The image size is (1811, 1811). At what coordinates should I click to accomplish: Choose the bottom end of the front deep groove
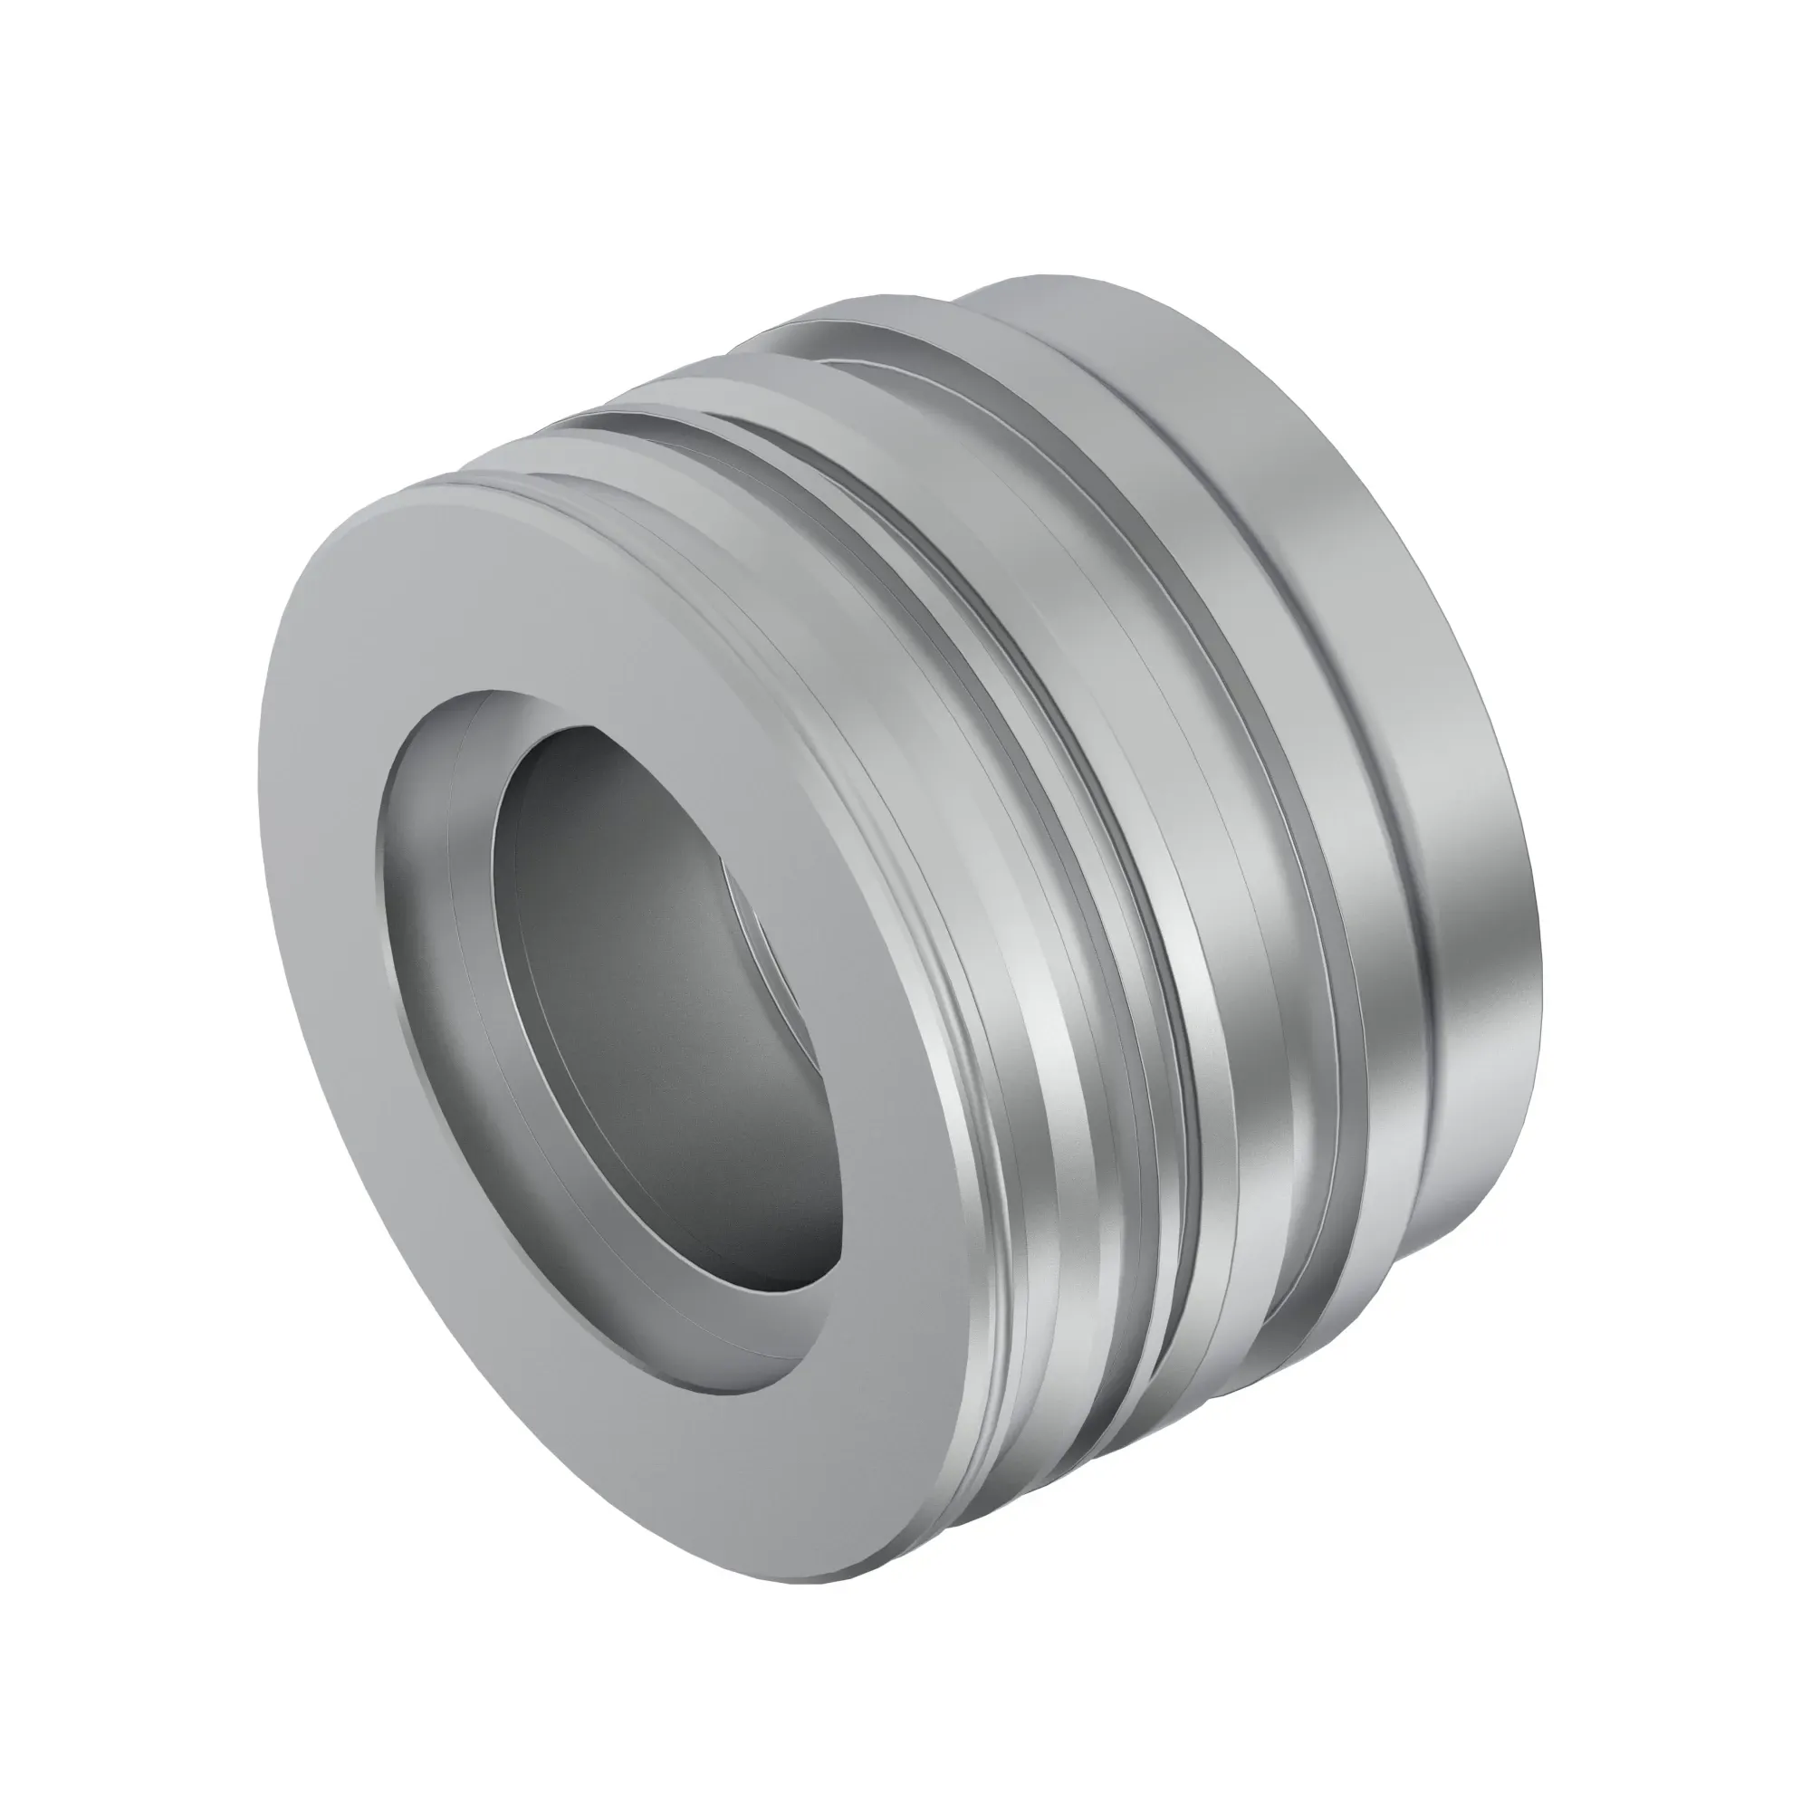pos(1116,1406)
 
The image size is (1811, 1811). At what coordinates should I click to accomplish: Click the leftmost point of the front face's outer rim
pos(259,797)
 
